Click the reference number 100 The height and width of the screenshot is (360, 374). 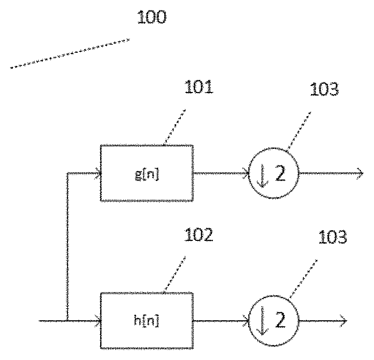[x=151, y=18]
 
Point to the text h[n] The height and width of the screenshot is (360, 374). [x=147, y=321]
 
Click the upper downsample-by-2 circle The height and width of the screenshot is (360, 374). [x=274, y=173]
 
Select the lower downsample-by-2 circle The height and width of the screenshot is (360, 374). [x=274, y=321]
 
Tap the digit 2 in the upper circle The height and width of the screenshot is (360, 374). [x=280, y=174]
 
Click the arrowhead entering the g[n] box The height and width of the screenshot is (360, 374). [x=98, y=173]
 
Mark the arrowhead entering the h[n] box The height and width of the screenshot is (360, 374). [x=98, y=320]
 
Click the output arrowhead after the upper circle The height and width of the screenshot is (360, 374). [x=360, y=173]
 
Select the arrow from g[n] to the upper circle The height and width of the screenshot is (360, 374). [x=221, y=173]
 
